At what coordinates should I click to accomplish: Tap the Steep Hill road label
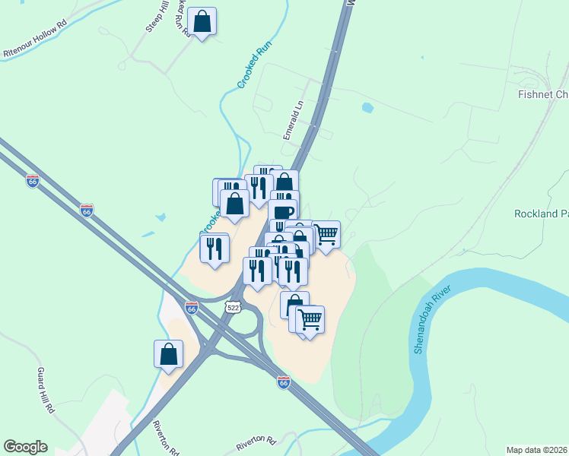[155, 17]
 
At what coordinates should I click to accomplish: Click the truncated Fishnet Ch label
[542, 94]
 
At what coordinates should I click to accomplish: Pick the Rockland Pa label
[541, 214]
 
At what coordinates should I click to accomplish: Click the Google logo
[25, 447]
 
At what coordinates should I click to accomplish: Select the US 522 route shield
[234, 305]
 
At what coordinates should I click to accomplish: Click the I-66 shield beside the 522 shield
[192, 309]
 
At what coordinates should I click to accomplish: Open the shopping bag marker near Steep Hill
[202, 22]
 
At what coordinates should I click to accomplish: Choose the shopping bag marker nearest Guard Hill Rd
[168, 355]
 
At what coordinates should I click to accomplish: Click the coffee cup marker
[282, 213]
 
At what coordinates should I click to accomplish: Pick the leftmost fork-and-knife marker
[215, 248]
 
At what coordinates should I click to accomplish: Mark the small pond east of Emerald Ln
[368, 108]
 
